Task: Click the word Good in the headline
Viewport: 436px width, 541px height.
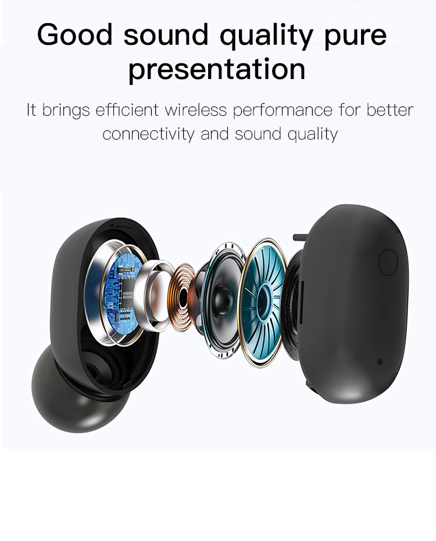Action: point(75,34)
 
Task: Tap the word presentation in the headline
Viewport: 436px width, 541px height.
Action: point(217,70)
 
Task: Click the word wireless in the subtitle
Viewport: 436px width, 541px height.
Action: point(196,110)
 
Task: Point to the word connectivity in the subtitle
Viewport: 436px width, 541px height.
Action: point(148,134)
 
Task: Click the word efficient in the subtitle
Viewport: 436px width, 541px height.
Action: point(127,110)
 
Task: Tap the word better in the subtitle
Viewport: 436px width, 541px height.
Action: point(390,110)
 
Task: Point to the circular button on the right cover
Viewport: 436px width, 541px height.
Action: point(388,262)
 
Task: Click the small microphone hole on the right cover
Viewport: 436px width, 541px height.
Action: point(380,361)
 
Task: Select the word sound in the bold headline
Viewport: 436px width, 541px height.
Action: point(166,35)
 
